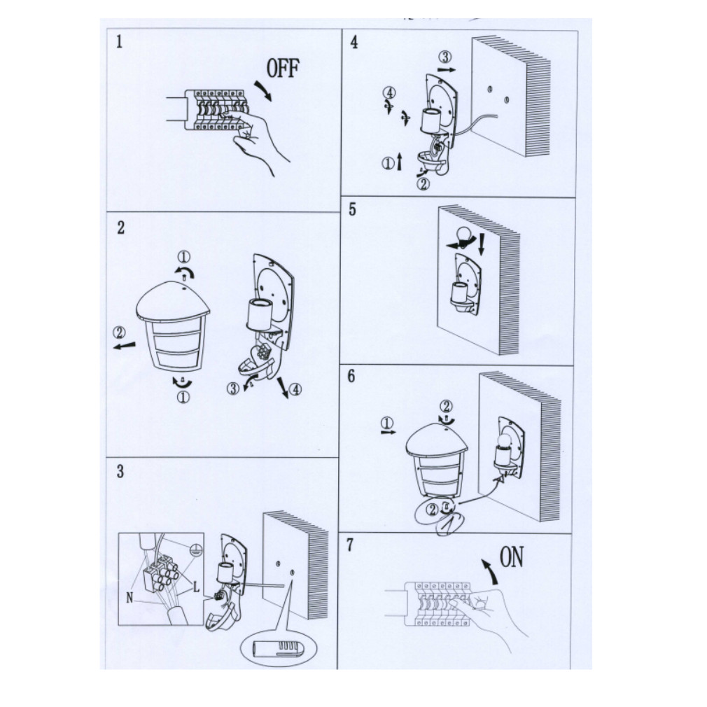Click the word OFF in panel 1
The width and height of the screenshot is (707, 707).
[x=283, y=69]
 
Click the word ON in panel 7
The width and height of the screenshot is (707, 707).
[x=512, y=557]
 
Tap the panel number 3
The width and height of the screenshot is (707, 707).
[x=120, y=471]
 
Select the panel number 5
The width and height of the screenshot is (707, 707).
[x=352, y=209]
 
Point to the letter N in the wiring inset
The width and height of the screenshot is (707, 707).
[x=130, y=598]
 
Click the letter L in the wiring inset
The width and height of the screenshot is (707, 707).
[x=196, y=587]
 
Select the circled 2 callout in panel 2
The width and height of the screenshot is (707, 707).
[x=119, y=332]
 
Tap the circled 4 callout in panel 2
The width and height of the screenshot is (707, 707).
[x=295, y=388]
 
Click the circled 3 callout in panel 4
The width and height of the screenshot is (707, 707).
[x=445, y=57]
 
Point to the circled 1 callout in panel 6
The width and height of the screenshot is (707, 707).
[x=387, y=423]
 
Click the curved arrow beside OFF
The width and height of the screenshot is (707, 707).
[x=263, y=90]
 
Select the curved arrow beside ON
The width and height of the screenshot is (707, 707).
[x=489, y=571]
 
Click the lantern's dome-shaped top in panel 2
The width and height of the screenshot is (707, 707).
[x=173, y=300]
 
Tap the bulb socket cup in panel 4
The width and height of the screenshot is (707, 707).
[x=431, y=120]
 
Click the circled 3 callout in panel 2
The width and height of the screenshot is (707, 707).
[x=232, y=388]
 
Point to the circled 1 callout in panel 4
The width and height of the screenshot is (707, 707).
[x=388, y=163]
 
